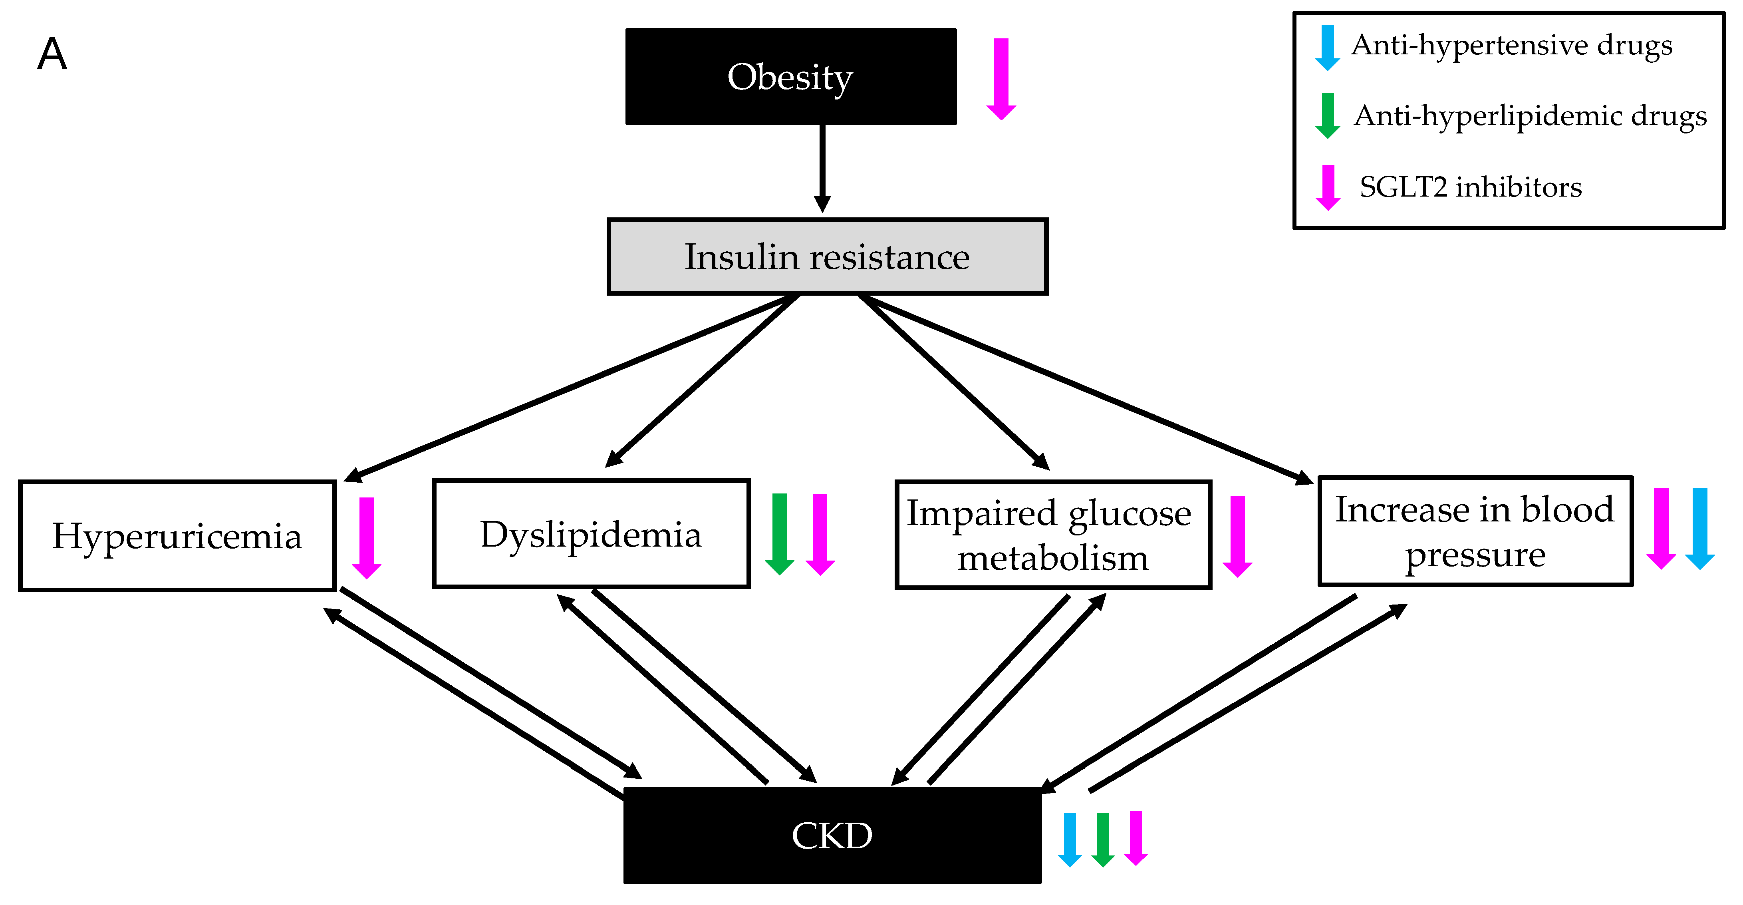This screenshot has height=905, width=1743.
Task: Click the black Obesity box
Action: [790, 76]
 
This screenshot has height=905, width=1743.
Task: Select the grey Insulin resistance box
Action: [827, 257]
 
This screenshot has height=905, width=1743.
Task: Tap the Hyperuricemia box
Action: [177, 535]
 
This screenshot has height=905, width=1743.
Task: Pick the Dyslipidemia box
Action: [591, 533]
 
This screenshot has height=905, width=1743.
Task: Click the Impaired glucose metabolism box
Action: [1053, 535]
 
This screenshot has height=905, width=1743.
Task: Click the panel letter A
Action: [52, 54]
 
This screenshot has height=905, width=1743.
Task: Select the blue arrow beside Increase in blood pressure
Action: [1700, 528]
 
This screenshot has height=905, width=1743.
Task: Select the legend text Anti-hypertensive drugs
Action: [1512, 46]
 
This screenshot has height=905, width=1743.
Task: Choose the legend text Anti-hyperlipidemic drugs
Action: [1531, 116]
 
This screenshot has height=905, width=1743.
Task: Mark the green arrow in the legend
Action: [1328, 116]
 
